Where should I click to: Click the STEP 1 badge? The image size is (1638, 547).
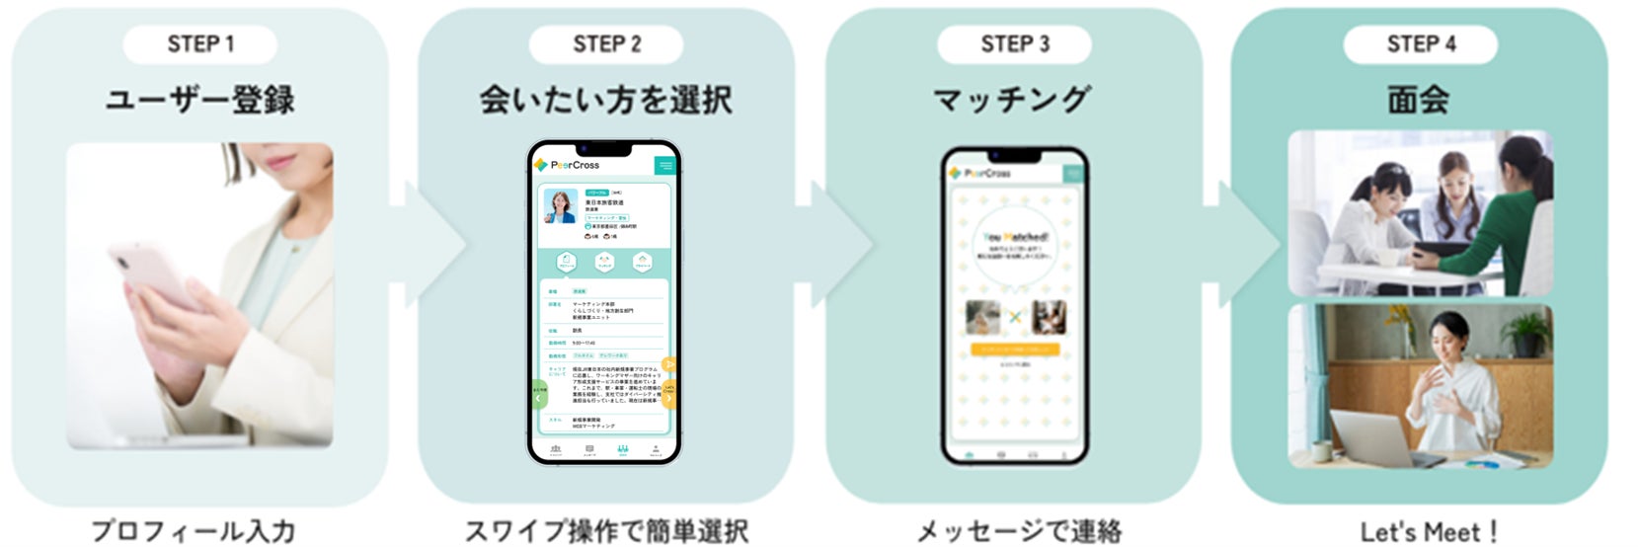point(200,44)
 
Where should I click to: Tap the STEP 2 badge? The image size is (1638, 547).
point(606,44)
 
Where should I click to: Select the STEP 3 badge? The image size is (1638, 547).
point(1014,44)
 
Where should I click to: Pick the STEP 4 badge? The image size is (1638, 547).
point(1420,44)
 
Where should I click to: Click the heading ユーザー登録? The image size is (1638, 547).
point(200,100)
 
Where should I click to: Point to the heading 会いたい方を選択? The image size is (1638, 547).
point(606,100)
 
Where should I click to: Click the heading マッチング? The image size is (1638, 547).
point(1012,100)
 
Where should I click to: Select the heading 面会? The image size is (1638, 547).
point(1419,100)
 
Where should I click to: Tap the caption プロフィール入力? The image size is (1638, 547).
point(194,530)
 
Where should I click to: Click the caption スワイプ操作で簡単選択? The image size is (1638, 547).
point(606,530)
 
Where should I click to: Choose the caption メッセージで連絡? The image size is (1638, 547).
point(1019,530)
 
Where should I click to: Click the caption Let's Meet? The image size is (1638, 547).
point(1429,531)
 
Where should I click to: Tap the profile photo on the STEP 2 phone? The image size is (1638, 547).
point(561,206)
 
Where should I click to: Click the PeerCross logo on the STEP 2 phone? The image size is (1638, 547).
point(568,165)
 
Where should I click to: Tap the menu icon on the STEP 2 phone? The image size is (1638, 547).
point(665,165)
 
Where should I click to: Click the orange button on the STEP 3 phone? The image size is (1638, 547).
point(1015,349)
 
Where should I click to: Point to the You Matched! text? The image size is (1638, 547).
point(1015,238)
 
